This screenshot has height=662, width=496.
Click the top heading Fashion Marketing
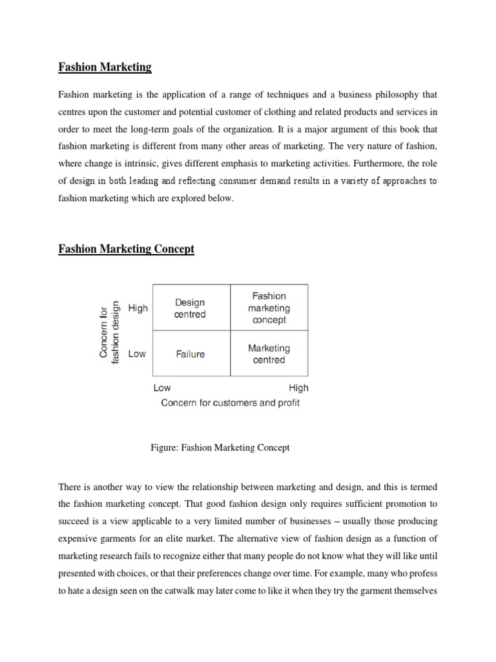pyautogui.click(x=105, y=67)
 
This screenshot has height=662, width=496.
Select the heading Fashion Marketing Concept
pyautogui.click(x=126, y=248)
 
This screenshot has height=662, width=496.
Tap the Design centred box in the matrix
pyautogui.click(x=190, y=308)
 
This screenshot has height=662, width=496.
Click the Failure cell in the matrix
pyautogui.click(x=190, y=354)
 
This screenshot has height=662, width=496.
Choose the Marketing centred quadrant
pyautogui.click(x=269, y=354)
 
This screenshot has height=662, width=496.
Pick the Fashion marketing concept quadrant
pyautogui.click(x=269, y=308)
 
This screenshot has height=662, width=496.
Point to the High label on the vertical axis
pyautogui.click(x=138, y=308)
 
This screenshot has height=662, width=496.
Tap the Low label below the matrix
pyautogui.click(x=162, y=388)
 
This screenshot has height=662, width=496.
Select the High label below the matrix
pyautogui.click(x=298, y=388)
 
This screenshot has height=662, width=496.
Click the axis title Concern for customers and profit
pyautogui.click(x=229, y=403)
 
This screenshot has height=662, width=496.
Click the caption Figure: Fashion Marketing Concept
pyautogui.click(x=219, y=447)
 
